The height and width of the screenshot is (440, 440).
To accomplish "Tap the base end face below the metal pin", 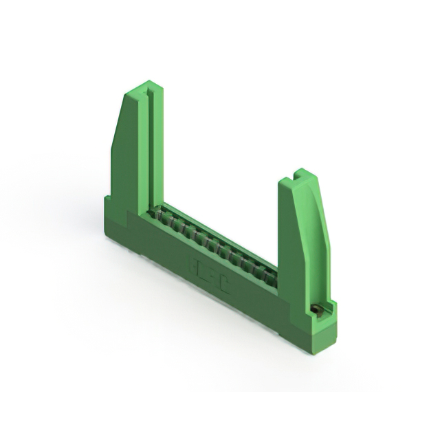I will tap(323, 333).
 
